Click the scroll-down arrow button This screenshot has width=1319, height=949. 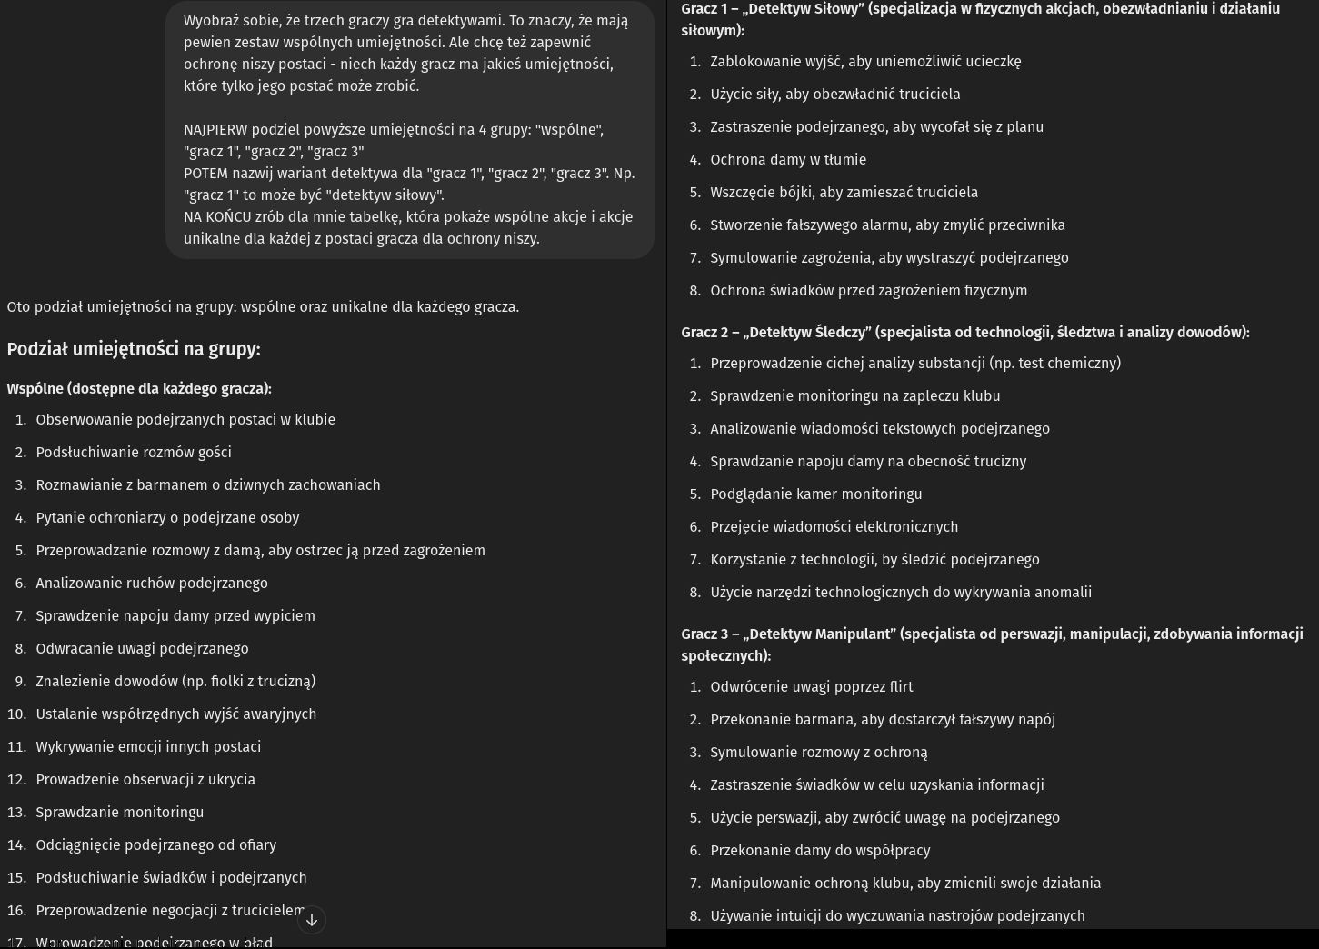(312, 920)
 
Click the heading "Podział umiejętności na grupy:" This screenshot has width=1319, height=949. (134, 349)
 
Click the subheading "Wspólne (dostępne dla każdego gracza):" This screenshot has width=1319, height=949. (139, 389)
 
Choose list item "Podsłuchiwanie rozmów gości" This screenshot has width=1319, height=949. (134, 453)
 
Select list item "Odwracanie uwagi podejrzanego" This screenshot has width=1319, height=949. (142, 649)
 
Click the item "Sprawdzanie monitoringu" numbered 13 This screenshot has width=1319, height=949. (120, 813)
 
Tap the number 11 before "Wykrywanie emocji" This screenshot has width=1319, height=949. (16, 747)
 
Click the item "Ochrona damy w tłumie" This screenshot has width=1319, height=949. (788, 160)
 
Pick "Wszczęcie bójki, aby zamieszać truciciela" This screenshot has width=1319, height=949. (844, 193)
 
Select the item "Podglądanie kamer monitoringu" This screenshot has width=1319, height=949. (815, 494)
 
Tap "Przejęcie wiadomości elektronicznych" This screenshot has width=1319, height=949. (834, 527)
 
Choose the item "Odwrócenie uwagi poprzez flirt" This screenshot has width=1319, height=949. (811, 687)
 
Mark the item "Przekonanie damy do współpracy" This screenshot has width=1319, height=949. (820, 851)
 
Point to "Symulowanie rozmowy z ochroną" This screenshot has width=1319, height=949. (818, 753)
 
